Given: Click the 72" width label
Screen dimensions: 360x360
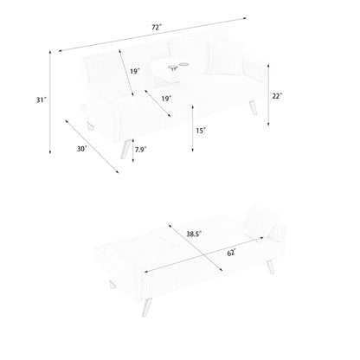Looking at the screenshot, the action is point(157,28).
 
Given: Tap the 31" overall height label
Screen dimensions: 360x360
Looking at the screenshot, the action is point(42,100).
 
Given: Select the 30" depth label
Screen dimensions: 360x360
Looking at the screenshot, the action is point(82,149).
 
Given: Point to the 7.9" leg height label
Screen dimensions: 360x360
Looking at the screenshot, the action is point(140,150).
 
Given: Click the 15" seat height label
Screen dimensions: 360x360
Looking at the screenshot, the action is point(201,131).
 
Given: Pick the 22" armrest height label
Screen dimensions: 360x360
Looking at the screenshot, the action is point(277,96).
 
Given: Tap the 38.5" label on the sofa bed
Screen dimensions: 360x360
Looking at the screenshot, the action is point(194,234).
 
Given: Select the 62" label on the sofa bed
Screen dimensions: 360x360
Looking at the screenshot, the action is point(232,253).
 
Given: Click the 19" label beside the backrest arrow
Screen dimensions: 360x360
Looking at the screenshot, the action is point(135,71).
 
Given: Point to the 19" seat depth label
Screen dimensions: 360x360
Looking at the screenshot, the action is point(166,99).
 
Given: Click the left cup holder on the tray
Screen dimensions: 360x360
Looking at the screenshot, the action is point(172,67).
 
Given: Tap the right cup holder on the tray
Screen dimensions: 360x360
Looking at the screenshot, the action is point(183,64).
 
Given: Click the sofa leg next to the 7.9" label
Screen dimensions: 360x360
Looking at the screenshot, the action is point(125,149).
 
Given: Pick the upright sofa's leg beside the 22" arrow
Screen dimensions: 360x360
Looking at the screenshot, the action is point(253,107).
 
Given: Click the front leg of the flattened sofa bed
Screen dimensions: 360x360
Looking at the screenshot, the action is point(146,307).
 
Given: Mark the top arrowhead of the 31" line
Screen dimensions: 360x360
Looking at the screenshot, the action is point(50,52).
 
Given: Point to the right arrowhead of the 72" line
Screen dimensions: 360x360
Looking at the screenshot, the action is point(245,18).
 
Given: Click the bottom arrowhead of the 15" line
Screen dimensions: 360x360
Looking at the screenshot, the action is point(193,150).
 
